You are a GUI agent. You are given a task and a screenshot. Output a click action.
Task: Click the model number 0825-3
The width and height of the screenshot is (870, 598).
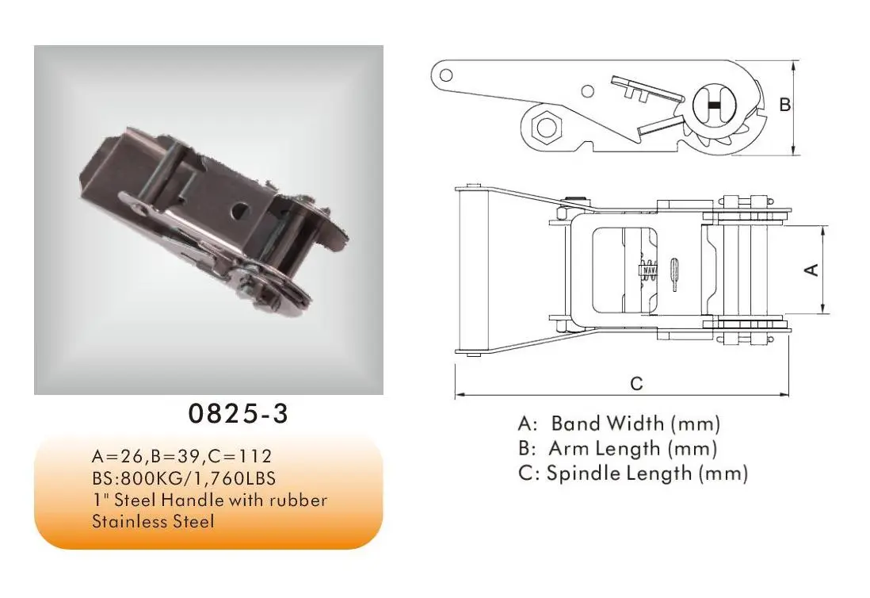[238, 414]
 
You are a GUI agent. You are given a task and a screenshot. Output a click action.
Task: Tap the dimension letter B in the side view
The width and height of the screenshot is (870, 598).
[784, 105]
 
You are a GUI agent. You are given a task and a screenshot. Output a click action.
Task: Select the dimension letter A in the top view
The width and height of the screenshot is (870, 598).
[811, 270]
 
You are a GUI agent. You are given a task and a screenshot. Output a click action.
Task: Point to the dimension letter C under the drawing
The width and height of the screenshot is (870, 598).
[636, 384]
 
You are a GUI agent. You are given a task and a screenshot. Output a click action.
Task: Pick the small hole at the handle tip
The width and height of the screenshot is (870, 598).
[446, 75]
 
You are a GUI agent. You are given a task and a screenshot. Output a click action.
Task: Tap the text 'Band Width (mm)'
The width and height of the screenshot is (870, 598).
[635, 423]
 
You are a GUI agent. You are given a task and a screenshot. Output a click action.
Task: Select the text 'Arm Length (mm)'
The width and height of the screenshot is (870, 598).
[632, 448]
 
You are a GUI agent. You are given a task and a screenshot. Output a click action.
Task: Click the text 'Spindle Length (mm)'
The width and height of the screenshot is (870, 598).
[647, 473]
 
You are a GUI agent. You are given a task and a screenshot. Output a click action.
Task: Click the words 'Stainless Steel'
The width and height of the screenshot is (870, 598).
[153, 521]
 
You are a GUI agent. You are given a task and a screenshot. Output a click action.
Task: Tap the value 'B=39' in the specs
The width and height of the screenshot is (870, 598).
[178, 457]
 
